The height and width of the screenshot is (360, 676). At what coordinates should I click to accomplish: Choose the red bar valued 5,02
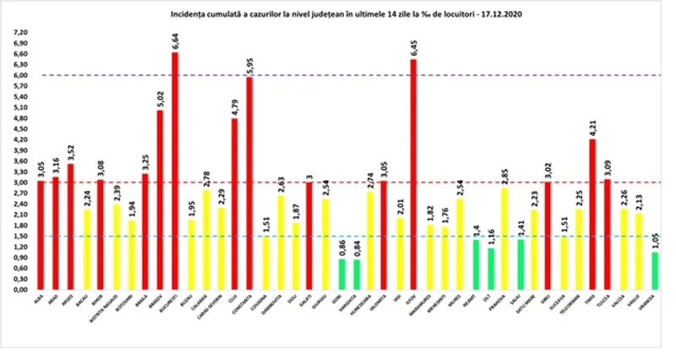[x=160, y=199]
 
